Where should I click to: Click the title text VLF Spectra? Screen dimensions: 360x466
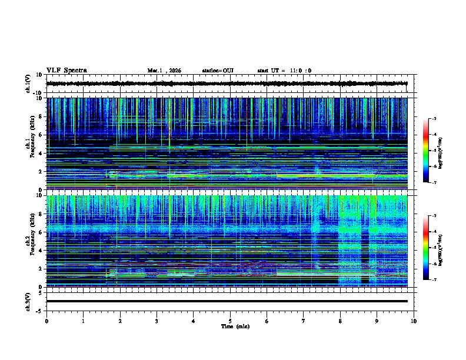point(66,71)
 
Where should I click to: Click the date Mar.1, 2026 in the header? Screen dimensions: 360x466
point(164,71)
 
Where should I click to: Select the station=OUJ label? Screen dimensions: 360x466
point(218,71)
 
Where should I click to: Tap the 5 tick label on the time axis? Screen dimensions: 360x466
point(230,321)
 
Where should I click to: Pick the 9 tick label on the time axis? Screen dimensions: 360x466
point(377,321)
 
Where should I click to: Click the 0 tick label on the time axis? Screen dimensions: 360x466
point(46,321)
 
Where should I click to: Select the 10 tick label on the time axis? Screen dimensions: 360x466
point(414,321)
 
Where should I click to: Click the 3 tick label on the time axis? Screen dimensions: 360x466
point(157,321)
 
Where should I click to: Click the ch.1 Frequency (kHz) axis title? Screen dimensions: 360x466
point(29,144)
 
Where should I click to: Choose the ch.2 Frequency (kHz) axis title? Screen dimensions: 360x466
point(29,241)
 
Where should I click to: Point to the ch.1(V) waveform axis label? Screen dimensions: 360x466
point(29,84)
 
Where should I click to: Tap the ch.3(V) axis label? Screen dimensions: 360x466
point(29,301)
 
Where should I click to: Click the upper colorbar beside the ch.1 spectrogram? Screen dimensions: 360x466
point(426,151)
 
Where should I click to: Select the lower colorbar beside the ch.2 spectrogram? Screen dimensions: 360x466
point(426,248)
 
